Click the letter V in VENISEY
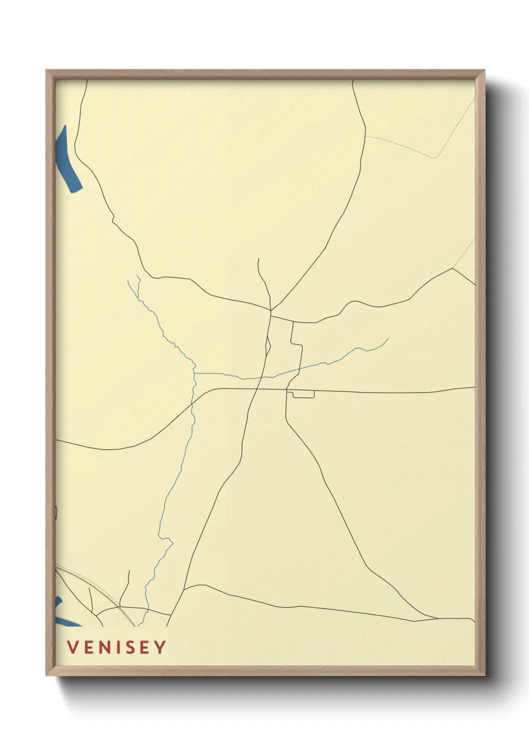[72, 647]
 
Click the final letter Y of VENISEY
[160, 647]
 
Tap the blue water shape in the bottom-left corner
[62, 618]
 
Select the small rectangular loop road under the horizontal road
[303, 395]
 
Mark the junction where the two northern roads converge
[270, 311]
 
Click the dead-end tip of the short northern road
[258, 259]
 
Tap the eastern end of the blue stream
[388, 339]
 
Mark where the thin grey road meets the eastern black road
[452, 268]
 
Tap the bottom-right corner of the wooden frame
[484, 675]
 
